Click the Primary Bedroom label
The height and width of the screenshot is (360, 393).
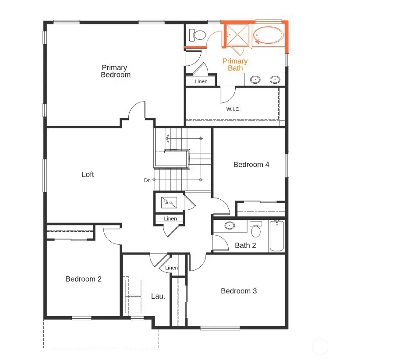(x=115, y=71)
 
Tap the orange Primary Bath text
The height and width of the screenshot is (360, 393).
(x=235, y=64)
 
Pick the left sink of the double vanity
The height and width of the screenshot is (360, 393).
(x=255, y=80)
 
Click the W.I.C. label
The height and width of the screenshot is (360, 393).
(x=233, y=109)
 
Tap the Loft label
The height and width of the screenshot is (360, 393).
(x=88, y=174)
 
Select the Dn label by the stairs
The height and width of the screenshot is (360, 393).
(x=147, y=180)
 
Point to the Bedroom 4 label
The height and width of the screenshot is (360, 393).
(x=251, y=165)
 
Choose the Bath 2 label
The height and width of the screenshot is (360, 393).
(x=245, y=245)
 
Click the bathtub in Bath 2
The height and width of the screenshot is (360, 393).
(x=276, y=236)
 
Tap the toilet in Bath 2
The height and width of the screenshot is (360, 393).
(x=256, y=229)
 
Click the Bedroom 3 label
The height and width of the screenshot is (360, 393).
(x=239, y=291)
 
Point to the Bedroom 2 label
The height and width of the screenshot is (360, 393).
(x=83, y=279)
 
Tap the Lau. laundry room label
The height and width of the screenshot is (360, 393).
(x=158, y=296)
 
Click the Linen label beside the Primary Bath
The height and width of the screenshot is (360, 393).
(x=201, y=81)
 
